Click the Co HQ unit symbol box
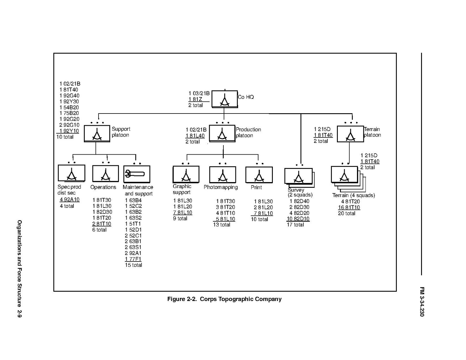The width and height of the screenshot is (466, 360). [225, 99]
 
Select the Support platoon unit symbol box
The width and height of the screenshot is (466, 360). [97, 134]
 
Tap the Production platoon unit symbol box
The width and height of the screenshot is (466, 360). [222, 133]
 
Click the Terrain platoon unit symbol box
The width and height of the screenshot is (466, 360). [350, 134]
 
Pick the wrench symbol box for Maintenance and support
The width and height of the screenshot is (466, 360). [137, 174]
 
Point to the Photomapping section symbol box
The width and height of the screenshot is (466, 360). [223, 175]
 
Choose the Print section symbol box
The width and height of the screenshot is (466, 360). [259, 175]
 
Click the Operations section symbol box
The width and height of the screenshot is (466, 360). [105, 174]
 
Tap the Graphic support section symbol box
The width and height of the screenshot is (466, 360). [186, 174]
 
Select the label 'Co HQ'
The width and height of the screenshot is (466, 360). [246, 97]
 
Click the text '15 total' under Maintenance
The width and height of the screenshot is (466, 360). [133, 265]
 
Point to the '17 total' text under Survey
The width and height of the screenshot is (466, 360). [295, 225]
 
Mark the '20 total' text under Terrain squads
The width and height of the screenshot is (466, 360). [347, 213]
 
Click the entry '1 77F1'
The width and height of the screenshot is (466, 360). [133, 259]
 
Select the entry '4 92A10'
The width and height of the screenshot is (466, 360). [69, 199]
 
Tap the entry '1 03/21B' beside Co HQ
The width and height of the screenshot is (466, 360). [199, 93]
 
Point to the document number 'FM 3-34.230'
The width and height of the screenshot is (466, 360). [422, 302]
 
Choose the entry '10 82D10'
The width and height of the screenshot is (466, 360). [298, 219]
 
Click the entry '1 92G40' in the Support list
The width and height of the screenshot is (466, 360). [69, 96]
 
